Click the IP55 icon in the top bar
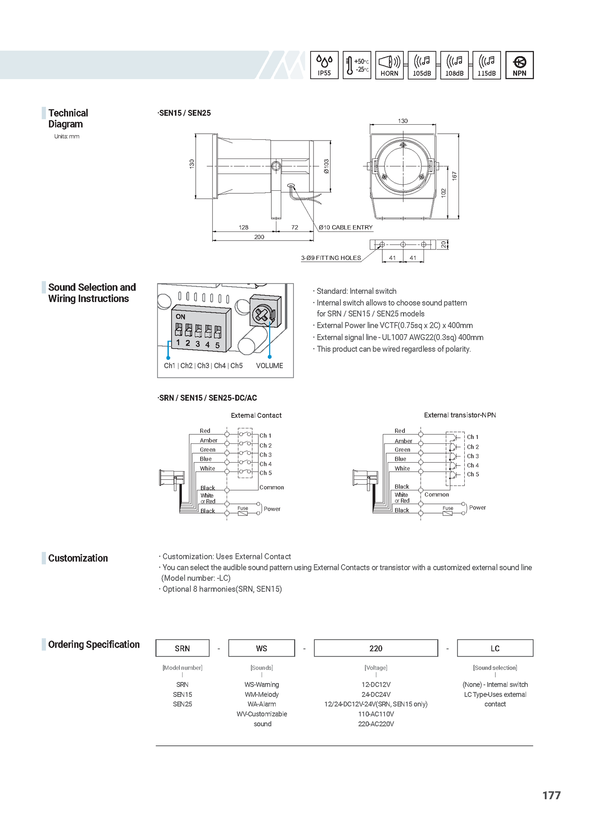coord(324,65)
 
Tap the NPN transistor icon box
coord(519,65)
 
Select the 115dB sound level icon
coord(486,65)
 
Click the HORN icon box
coord(389,65)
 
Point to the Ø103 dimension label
coord(326,166)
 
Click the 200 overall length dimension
coord(259,237)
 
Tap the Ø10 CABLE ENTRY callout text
coord(346,227)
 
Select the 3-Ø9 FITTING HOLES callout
coord(331,258)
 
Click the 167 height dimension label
coord(455,176)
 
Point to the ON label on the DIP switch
coord(181,317)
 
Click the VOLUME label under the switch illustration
coord(269,366)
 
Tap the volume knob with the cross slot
coord(261,314)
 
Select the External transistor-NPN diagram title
coord(460,415)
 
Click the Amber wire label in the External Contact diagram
coord(208,441)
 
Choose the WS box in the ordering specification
coord(261,648)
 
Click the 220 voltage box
coord(376,648)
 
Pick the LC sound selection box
coord(495,648)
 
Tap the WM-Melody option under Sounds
coord(262,695)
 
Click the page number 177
coord(551,795)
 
